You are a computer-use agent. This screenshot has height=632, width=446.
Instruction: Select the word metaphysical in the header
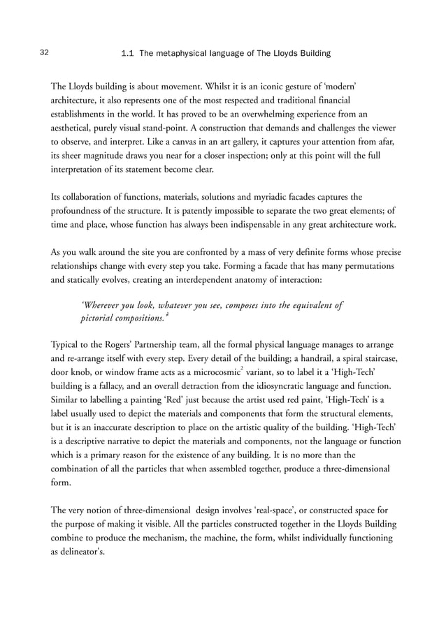(183, 53)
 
